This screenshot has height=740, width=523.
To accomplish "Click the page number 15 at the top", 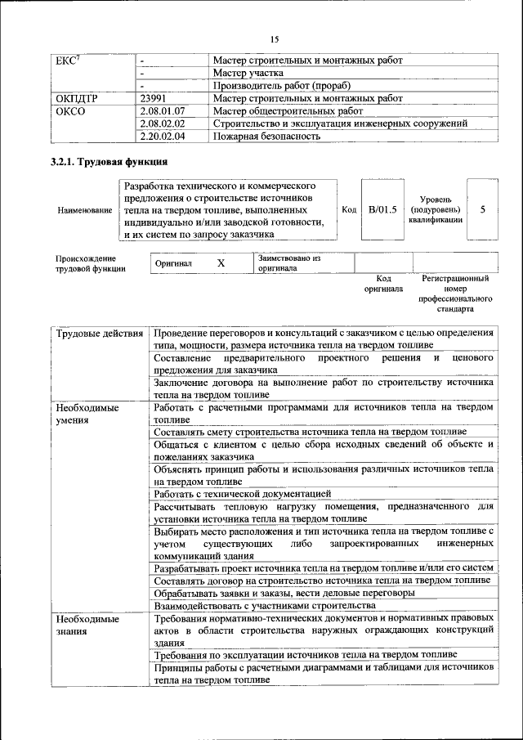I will (x=274, y=39).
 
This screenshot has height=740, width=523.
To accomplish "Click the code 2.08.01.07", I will (x=163, y=110).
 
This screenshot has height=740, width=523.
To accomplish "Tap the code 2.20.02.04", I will (x=163, y=137).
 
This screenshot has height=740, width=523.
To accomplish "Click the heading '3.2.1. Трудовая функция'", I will (x=110, y=162).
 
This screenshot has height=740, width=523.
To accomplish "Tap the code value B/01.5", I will (x=382, y=210).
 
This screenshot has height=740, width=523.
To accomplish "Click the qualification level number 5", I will (x=482, y=210).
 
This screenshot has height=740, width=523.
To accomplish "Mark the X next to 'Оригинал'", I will (x=221, y=263).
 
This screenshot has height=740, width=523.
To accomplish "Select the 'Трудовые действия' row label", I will (x=100, y=334).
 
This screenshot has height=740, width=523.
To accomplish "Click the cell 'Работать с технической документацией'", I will (x=242, y=493).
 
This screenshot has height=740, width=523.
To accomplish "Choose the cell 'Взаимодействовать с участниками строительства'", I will (x=264, y=605).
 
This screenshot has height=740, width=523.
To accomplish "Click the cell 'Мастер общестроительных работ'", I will (x=288, y=110).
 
